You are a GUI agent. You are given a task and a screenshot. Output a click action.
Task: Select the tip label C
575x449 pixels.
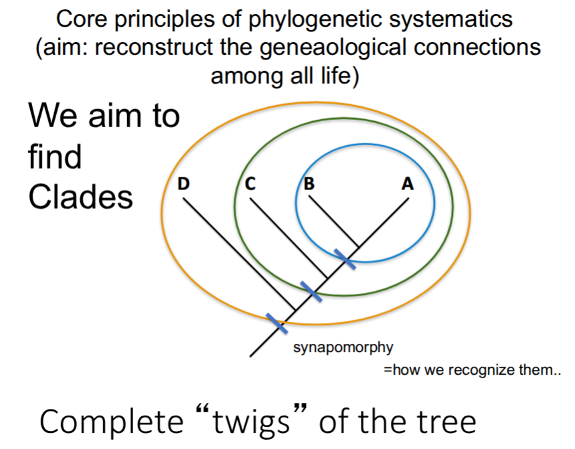(x=250, y=184)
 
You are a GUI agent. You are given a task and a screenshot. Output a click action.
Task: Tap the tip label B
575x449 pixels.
(x=309, y=184)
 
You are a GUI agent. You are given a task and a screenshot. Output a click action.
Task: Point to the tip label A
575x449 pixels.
(x=406, y=184)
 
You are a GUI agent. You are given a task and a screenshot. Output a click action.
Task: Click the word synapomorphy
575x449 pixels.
(x=343, y=347)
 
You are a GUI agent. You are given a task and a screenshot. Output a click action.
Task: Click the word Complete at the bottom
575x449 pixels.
(x=111, y=424)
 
